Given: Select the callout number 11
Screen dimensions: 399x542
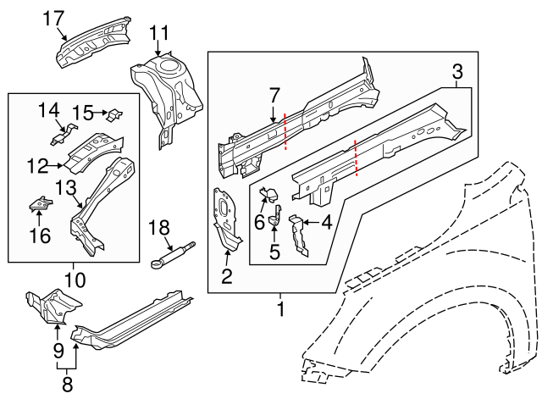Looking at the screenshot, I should coord(160,33).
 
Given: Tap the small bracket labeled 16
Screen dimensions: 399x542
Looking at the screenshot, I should coord(41,203).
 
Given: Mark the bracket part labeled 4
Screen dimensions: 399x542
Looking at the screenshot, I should coord(297,234).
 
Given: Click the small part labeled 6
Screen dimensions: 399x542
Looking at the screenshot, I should coord(274,194).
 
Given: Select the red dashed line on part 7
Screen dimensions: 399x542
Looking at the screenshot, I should coord(285,130).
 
